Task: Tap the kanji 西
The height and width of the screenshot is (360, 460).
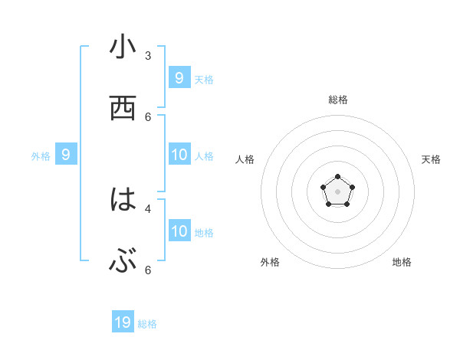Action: coord(123,109)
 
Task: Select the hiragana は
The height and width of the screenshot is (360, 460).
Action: coord(123,201)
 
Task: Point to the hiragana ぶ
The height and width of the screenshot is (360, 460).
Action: coord(123,262)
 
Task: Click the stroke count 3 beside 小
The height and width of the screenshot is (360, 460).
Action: coord(148,55)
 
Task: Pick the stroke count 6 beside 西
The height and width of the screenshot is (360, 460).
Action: coord(148,116)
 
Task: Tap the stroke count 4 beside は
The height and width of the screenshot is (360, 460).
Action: coord(148,208)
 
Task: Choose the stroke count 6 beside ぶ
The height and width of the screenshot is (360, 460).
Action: coord(148,270)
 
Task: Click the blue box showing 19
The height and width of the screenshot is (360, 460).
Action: coord(123,322)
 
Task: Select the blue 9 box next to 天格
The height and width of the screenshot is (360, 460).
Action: coord(179,77)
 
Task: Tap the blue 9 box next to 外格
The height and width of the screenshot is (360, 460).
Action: coord(66,155)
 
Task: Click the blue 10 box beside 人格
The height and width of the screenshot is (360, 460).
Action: coord(179,155)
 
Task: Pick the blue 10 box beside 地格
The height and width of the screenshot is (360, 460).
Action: coord(179,231)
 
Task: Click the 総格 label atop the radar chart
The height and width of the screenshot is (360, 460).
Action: coord(338,100)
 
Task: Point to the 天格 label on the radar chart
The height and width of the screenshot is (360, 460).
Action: coord(431,159)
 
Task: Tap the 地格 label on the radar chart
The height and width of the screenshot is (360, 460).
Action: coord(402,262)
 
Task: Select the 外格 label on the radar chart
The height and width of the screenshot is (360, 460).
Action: coord(270,262)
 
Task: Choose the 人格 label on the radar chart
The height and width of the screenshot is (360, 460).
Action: coord(245,159)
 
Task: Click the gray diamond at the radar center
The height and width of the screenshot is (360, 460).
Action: coord(337,191)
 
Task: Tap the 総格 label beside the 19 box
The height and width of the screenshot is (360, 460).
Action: coord(147,324)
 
